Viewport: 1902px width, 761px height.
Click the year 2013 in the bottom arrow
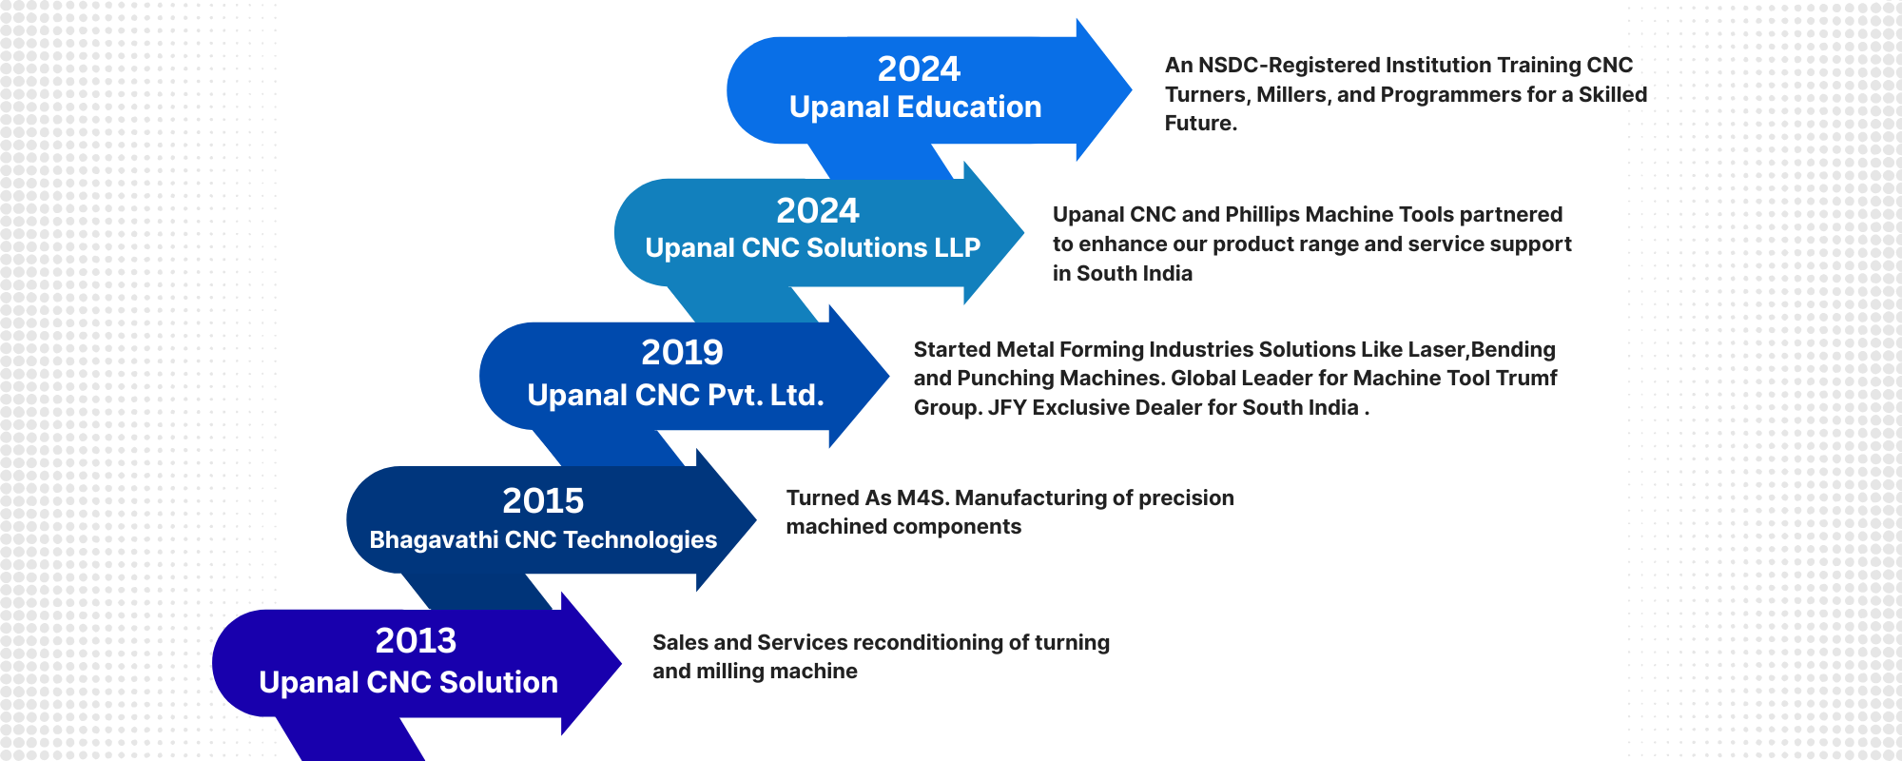416,640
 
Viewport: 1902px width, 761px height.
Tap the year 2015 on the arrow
543,500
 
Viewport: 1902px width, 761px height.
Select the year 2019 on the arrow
682,352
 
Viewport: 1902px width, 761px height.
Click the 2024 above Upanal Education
919,68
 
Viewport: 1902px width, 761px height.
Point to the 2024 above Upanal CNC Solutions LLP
817,210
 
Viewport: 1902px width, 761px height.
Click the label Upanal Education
915,107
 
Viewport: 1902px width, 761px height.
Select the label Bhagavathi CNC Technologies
543,540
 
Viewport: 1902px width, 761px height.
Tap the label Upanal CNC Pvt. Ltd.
675,395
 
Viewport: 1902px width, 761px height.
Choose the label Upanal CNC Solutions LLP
812,248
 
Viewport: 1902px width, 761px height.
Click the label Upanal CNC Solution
408,682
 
